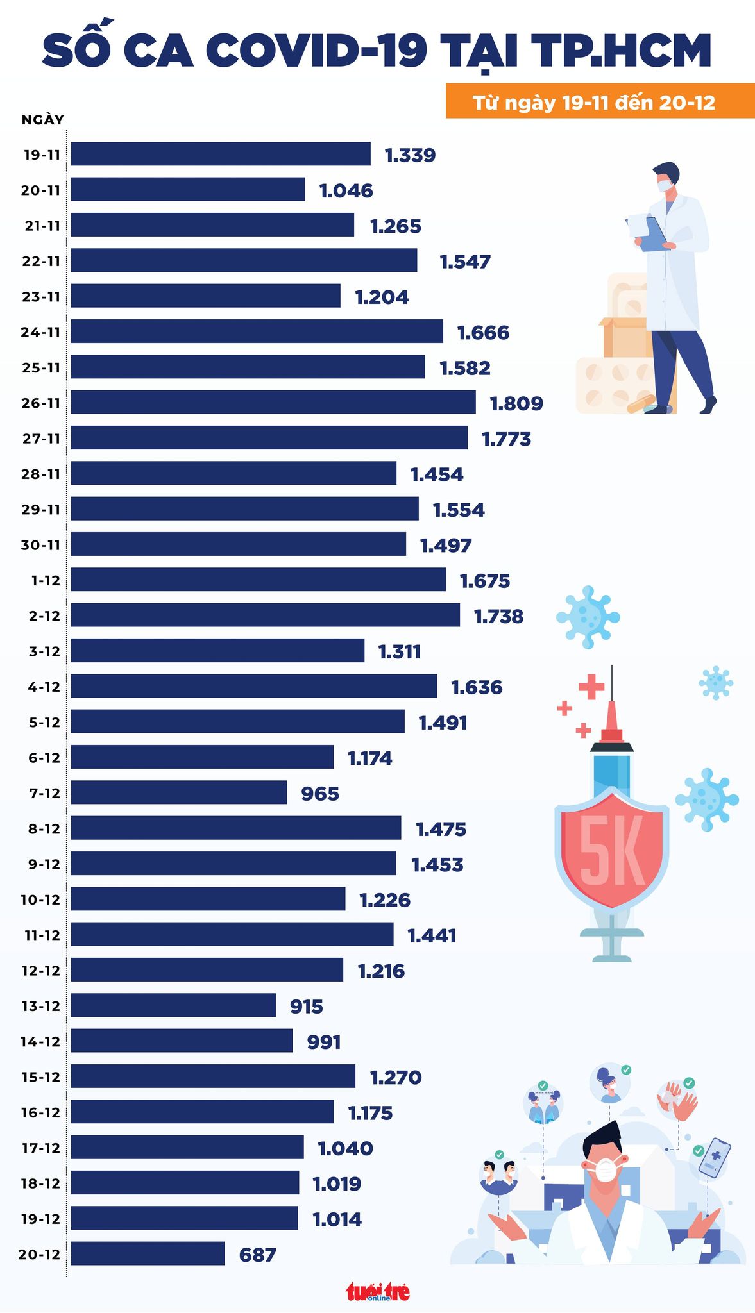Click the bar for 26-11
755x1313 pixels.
273,402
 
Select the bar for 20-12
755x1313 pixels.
148,1253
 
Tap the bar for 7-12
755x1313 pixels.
179,792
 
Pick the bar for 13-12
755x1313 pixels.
173,1005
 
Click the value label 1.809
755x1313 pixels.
516,403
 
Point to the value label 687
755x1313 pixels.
257,1255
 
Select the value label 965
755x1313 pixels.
320,794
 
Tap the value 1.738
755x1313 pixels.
498,616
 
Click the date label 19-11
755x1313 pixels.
42,155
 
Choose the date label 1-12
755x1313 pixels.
44,581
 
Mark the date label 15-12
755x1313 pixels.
40,1076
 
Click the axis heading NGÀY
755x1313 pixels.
42,120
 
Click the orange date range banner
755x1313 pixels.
600,102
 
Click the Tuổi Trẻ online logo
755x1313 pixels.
378,1291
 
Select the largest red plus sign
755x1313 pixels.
591,687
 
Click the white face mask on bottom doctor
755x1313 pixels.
605,1168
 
